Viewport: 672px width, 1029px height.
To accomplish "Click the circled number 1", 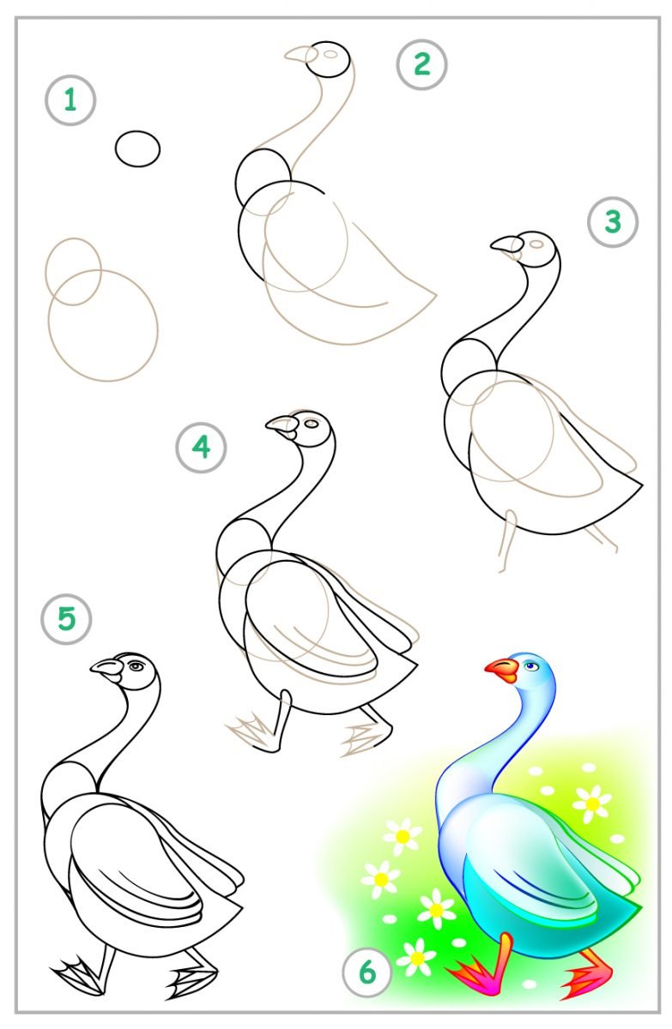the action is click(x=70, y=100).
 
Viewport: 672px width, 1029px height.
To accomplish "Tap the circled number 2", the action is click(x=421, y=64).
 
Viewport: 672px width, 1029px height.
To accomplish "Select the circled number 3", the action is click(x=613, y=222).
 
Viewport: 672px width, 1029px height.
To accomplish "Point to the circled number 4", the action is click(x=201, y=447).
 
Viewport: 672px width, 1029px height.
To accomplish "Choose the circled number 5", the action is click(x=67, y=619).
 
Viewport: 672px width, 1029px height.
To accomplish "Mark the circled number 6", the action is click(x=367, y=972).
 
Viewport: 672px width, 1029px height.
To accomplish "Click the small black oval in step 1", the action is click(x=137, y=149).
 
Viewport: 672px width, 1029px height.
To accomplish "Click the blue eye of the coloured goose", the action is click(x=531, y=665).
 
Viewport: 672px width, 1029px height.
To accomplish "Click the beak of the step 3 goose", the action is click(x=506, y=245).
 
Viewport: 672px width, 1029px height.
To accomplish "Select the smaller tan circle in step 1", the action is click(x=73, y=271).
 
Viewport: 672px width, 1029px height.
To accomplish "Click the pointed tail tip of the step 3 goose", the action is click(x=642, y=484).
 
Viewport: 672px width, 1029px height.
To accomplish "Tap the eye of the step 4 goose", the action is click(x=312, y=423).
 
